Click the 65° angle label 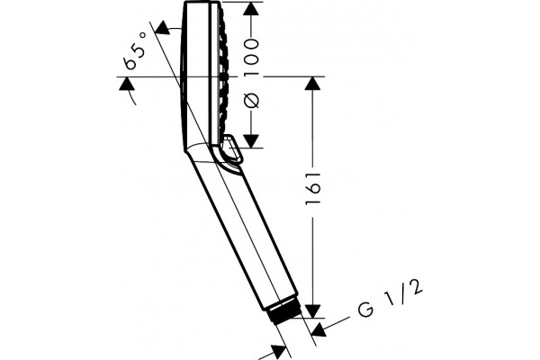(136, 50)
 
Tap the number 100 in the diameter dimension (251, 58)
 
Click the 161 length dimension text (313, 187)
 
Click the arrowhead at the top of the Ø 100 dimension (251, 9)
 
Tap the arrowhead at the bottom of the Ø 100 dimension (251, 141)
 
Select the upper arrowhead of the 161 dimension (312, 83)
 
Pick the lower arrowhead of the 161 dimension (312, 311)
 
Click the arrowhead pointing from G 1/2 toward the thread (319, 329)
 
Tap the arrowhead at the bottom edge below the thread (279, 352)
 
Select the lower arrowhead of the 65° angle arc (126, 84)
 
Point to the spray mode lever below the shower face (232, 148)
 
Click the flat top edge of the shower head (202, 2)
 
